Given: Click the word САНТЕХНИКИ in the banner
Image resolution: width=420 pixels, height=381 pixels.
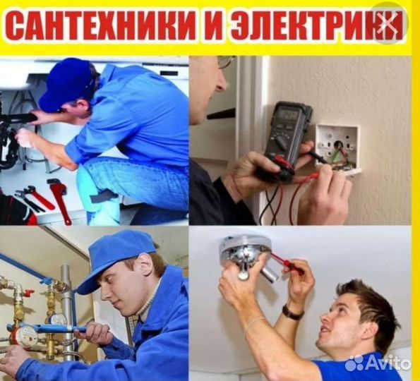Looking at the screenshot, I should point(102,28).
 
